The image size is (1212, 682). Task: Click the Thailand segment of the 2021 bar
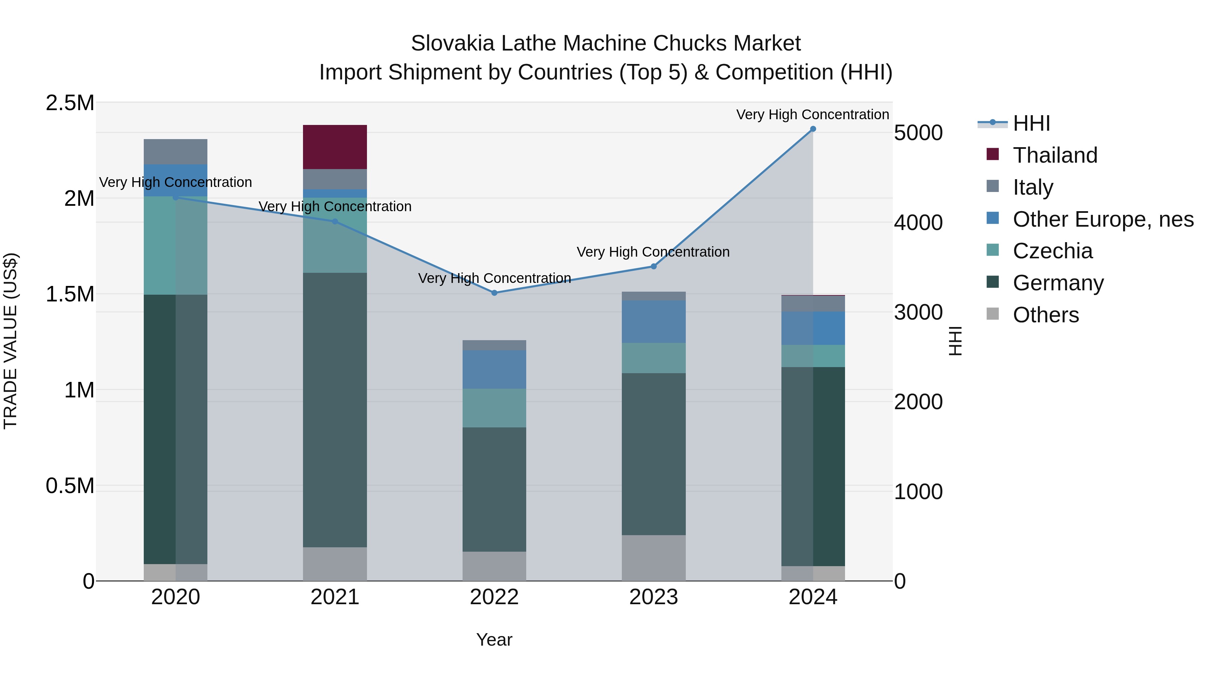(335, 147)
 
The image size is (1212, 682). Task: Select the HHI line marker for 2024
(813, 129)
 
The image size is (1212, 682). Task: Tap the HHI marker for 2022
(494, 293)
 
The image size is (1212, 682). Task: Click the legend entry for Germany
(1058, 283)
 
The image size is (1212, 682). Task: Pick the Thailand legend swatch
(992, 154)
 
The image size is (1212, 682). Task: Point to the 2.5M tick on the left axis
(70, 103)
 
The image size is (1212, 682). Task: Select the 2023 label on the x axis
(653, 597)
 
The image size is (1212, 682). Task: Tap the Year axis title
(494, 640)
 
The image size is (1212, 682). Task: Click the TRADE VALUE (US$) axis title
(10, 341)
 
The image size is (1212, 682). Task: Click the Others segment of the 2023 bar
(653, 558)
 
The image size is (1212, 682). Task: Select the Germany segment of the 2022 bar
(494, 489)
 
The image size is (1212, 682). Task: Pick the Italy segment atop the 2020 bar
(175, 152)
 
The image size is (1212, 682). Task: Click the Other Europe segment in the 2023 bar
(653, 322)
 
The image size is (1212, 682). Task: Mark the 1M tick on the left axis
(79, 390)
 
